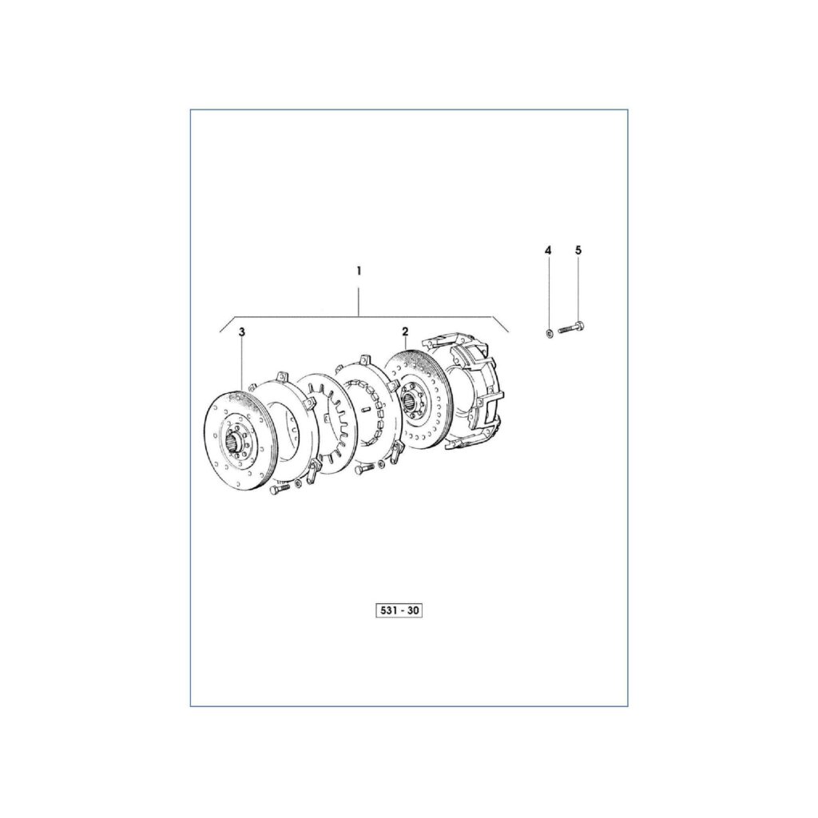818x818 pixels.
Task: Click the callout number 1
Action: coord(359,272)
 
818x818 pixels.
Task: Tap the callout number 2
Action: coord(405,331)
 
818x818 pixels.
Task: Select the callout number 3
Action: coord(242,331)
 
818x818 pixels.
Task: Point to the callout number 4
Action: coord(548,251)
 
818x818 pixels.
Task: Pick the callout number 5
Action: coord(578,251)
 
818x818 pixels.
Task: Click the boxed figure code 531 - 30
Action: coord(398,611)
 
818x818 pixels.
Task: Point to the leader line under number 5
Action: coord(578,288)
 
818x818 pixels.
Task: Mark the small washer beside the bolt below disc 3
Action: coord(298,483)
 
